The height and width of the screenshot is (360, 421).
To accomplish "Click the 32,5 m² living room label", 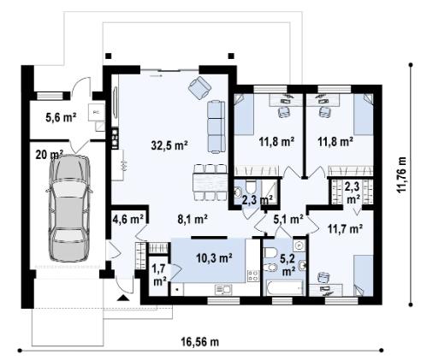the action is point(169,145).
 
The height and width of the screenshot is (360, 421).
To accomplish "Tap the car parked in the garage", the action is point(69,208).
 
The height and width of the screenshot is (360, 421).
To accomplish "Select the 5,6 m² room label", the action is point(61,117).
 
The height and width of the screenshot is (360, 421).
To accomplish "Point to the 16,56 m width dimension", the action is point(200,341).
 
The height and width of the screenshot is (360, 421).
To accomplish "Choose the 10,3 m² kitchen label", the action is point(214,257).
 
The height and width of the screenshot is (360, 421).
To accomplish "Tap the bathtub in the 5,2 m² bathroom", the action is point(284,287).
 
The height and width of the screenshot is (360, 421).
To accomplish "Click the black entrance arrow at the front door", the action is point(123,298).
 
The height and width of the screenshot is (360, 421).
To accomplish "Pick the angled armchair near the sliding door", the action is point(200,87).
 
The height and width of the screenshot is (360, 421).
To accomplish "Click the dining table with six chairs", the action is point(210,182).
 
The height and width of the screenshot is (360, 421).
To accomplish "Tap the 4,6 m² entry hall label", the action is point(128,219).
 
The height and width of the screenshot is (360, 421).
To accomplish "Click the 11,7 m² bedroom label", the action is point(345,228).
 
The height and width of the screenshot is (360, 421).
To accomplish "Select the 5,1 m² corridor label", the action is point(288,219).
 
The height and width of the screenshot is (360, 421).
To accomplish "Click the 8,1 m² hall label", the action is point(193,219).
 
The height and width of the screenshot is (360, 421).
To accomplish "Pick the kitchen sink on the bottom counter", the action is point(223,290).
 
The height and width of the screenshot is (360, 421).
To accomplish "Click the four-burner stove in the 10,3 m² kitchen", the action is point(253,276).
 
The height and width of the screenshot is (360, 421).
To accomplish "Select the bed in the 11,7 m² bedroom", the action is point(363,275).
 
